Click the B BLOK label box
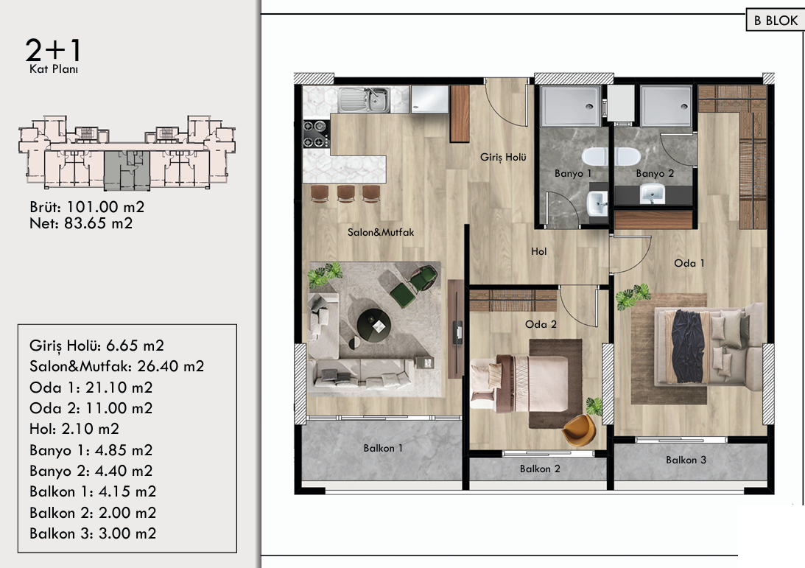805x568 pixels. click(776, 21)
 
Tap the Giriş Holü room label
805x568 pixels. click(503, 157)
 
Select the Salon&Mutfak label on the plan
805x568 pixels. click(381, 232)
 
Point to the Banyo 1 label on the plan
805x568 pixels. click(573, 174)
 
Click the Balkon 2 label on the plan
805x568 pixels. click(540, 469)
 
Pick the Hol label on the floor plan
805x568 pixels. click(539, 251)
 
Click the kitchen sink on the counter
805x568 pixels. click(364, 99)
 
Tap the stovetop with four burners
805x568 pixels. click(316, 133)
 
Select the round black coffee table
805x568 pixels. click(373, 325)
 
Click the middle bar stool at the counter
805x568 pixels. click(346, 194)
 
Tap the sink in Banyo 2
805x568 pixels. click(652, 194)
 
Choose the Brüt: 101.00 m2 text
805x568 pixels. click(87, 207)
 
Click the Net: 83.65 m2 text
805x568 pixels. click(81, 223)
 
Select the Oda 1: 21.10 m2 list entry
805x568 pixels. click(91, 388)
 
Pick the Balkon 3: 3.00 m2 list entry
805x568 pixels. click(92, 533)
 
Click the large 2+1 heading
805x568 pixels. click(53, 50)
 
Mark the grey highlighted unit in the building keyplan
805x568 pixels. click(127, 169)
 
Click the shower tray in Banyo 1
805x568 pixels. click(570, 106)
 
